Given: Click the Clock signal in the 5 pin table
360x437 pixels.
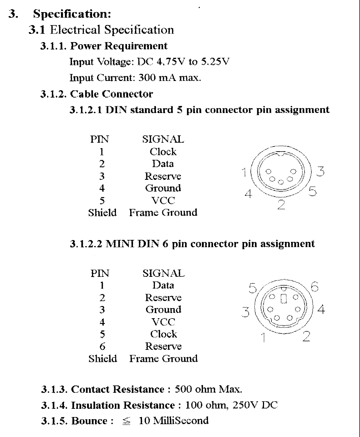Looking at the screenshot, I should coord(163,152).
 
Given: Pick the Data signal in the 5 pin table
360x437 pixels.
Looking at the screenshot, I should coord(163,164).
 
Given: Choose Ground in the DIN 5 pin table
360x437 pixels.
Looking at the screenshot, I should coord(163,188).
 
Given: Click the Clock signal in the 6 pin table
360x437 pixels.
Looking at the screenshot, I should coord(163,334).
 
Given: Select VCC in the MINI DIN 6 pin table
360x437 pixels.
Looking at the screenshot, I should coord(163,322).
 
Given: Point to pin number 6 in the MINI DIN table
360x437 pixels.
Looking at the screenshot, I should coord(102,346).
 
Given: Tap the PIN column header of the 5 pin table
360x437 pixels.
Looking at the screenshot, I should coord(100,139).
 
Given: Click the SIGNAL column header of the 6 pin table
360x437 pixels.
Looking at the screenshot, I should coord(163,274).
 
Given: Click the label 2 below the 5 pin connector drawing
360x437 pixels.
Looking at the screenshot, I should coord(281,204).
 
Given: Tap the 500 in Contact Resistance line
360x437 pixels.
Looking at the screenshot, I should coord(183,389).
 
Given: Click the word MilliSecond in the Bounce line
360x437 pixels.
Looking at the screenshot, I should coord(181,421).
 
